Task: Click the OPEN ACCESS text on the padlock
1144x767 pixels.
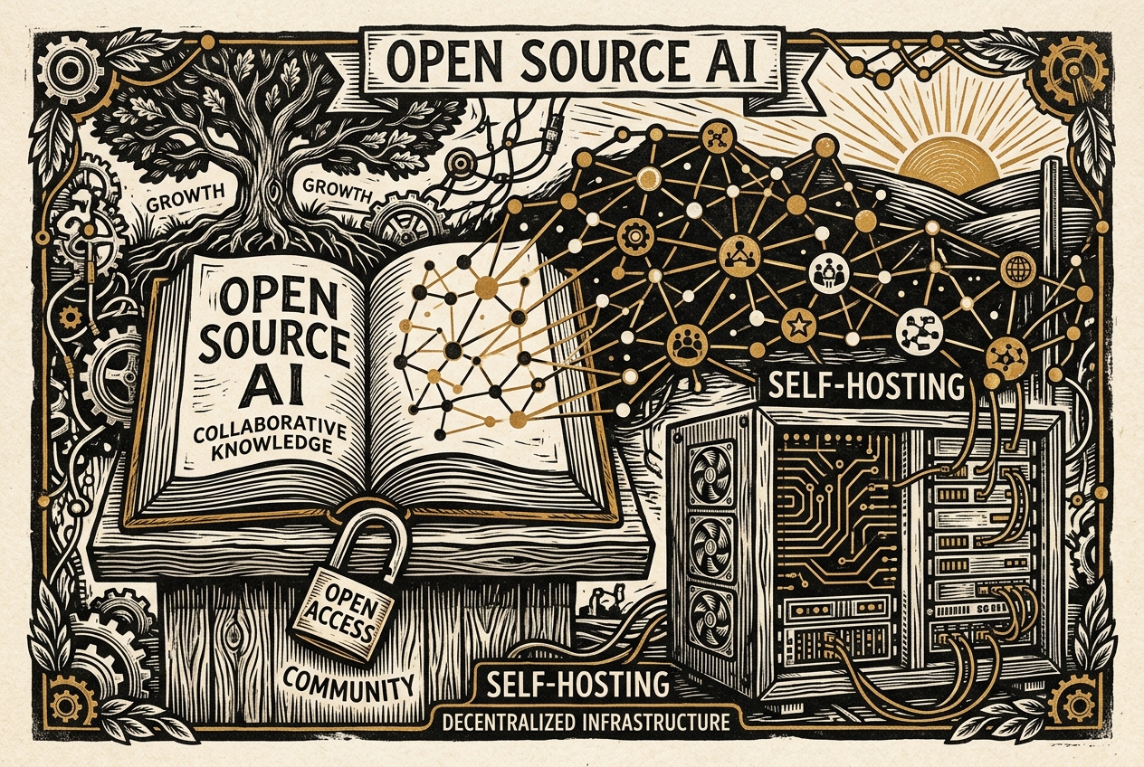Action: pyautogui.click(x=342, y=611)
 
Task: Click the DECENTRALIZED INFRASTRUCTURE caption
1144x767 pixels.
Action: pyautogui.click(x=586, y=723)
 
